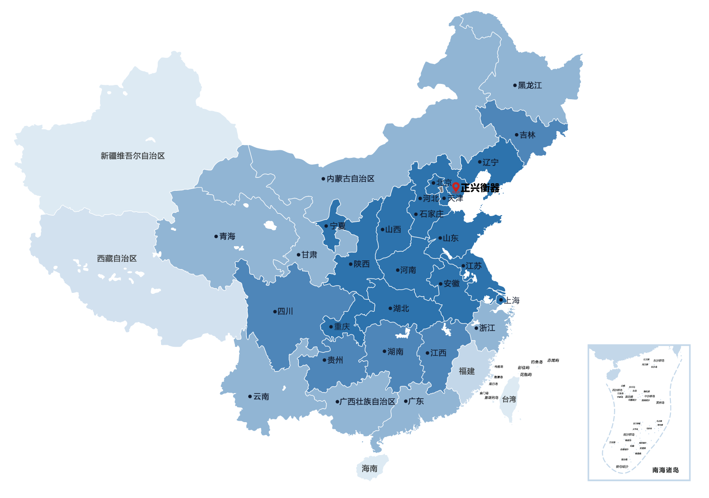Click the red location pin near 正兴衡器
coord(456,187)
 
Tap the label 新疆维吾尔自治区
coord(132,156)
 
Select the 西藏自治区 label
coord(117,259)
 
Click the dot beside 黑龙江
coord(515,85)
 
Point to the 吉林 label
coord(527,135)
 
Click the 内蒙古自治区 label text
coord(351,179)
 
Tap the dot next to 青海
coord(216,237)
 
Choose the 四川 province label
coord(285,311)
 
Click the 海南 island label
coord(369,468)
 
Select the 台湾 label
coord(509,399)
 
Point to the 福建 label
coord(466,371)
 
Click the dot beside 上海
coord(500,300)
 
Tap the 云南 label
coord(261,396)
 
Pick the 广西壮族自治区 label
coord(367,402)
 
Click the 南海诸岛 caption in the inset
coord(665,470)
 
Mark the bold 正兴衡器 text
coord(480,188)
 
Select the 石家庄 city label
coord(431,214)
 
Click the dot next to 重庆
coord(331,327)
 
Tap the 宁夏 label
coord(338,226)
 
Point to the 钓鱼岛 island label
coord(537,362)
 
